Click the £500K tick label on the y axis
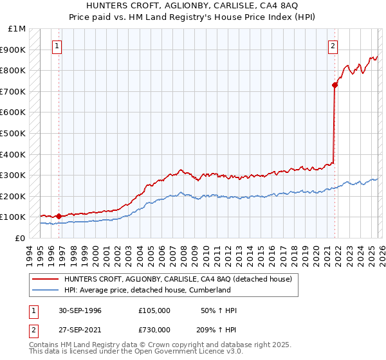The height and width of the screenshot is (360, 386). [13, 133]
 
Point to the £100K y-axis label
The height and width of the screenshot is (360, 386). [13, 217]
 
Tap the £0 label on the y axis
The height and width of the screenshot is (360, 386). [19, 238]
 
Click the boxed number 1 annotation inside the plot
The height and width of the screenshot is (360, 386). [58, 46]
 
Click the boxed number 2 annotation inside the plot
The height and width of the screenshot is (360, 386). [333, 46]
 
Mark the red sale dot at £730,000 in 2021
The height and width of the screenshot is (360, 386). [335, 85]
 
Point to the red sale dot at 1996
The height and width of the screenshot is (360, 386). [59, 216]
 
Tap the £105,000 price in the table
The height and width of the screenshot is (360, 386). [154, 310]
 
